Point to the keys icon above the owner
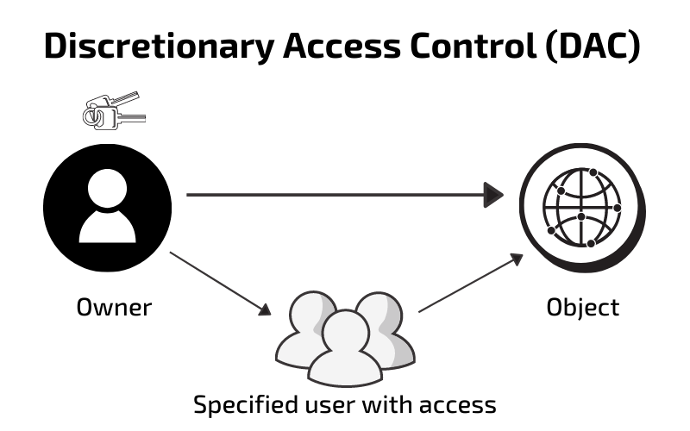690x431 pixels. coord(114,110)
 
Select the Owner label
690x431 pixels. coord(114,307)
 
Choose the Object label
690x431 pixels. coord(583,307)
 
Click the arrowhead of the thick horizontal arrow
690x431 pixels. coord(494,195)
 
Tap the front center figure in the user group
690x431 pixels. coord(345,349)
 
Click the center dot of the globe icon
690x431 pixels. coord(581,215)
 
